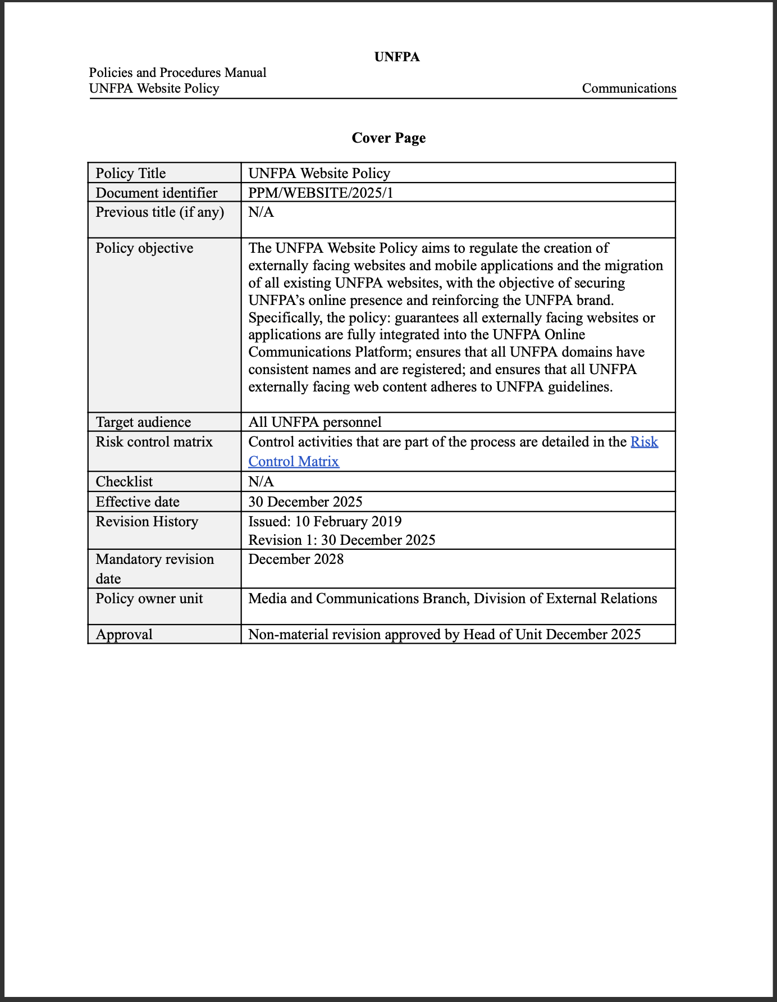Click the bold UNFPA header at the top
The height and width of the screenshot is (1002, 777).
coord(397,57)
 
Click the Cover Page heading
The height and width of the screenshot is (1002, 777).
coord(388,138)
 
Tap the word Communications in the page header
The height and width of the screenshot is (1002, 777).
coord(629,88)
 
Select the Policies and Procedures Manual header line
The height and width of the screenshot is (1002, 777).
coord(177,72)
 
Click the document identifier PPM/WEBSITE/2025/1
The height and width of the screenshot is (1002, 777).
coord(321,193)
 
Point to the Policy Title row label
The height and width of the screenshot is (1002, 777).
coord(131,173)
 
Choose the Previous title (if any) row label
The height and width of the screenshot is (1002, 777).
coord(159,212)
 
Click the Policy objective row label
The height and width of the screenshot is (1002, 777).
coord(144,248)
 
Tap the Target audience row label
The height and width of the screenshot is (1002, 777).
coord(143,422)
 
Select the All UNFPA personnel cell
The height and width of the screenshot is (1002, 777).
coord(314,422)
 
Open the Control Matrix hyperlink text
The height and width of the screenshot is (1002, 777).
coord(294,461)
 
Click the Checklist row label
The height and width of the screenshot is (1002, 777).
coord(124,481)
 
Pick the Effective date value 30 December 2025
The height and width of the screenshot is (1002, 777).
coord(305,502)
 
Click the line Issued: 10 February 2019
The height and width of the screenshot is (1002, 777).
coord(325,521)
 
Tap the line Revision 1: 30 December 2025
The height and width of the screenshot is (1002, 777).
coord(342,540)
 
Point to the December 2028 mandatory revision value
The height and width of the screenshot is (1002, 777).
coord(296,559)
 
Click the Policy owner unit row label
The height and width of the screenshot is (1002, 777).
coord(149,598)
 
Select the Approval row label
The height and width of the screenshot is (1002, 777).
coord(124,634)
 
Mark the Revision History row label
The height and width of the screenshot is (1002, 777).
coord(147,521)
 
